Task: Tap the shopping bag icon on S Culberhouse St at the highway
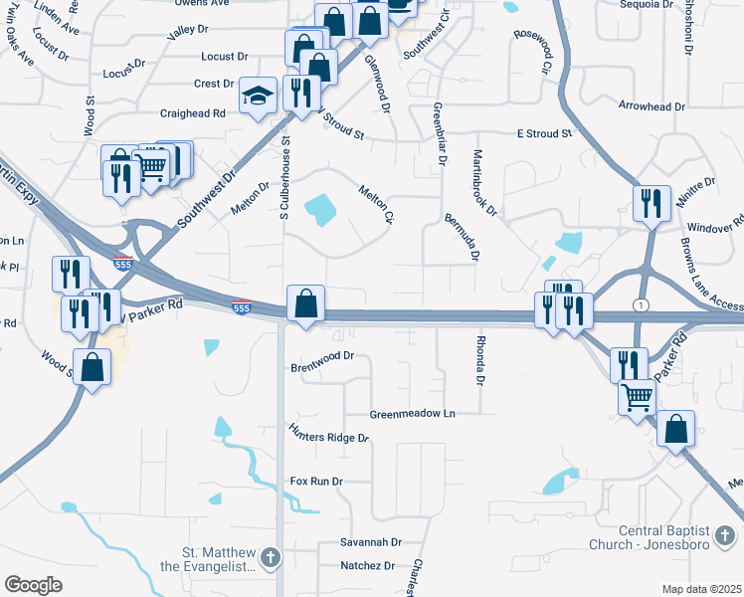306,302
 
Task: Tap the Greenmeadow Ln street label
412,413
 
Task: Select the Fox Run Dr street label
316,481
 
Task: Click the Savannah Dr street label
370,542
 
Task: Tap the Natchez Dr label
367,565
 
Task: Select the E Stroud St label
544,132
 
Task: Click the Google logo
33,585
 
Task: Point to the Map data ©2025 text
700,589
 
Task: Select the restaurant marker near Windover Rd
652,202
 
